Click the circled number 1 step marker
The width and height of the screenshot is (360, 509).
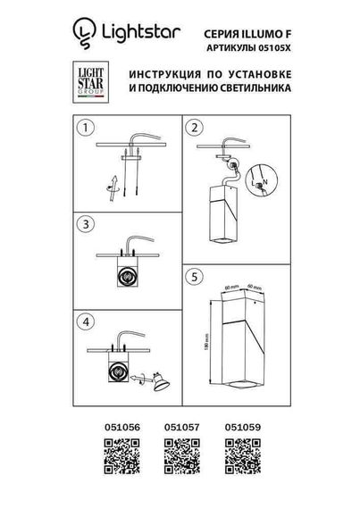(x=85, y=128)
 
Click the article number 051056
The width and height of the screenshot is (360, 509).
(x=111, y=428)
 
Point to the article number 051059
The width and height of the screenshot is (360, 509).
(x=241, y=428)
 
